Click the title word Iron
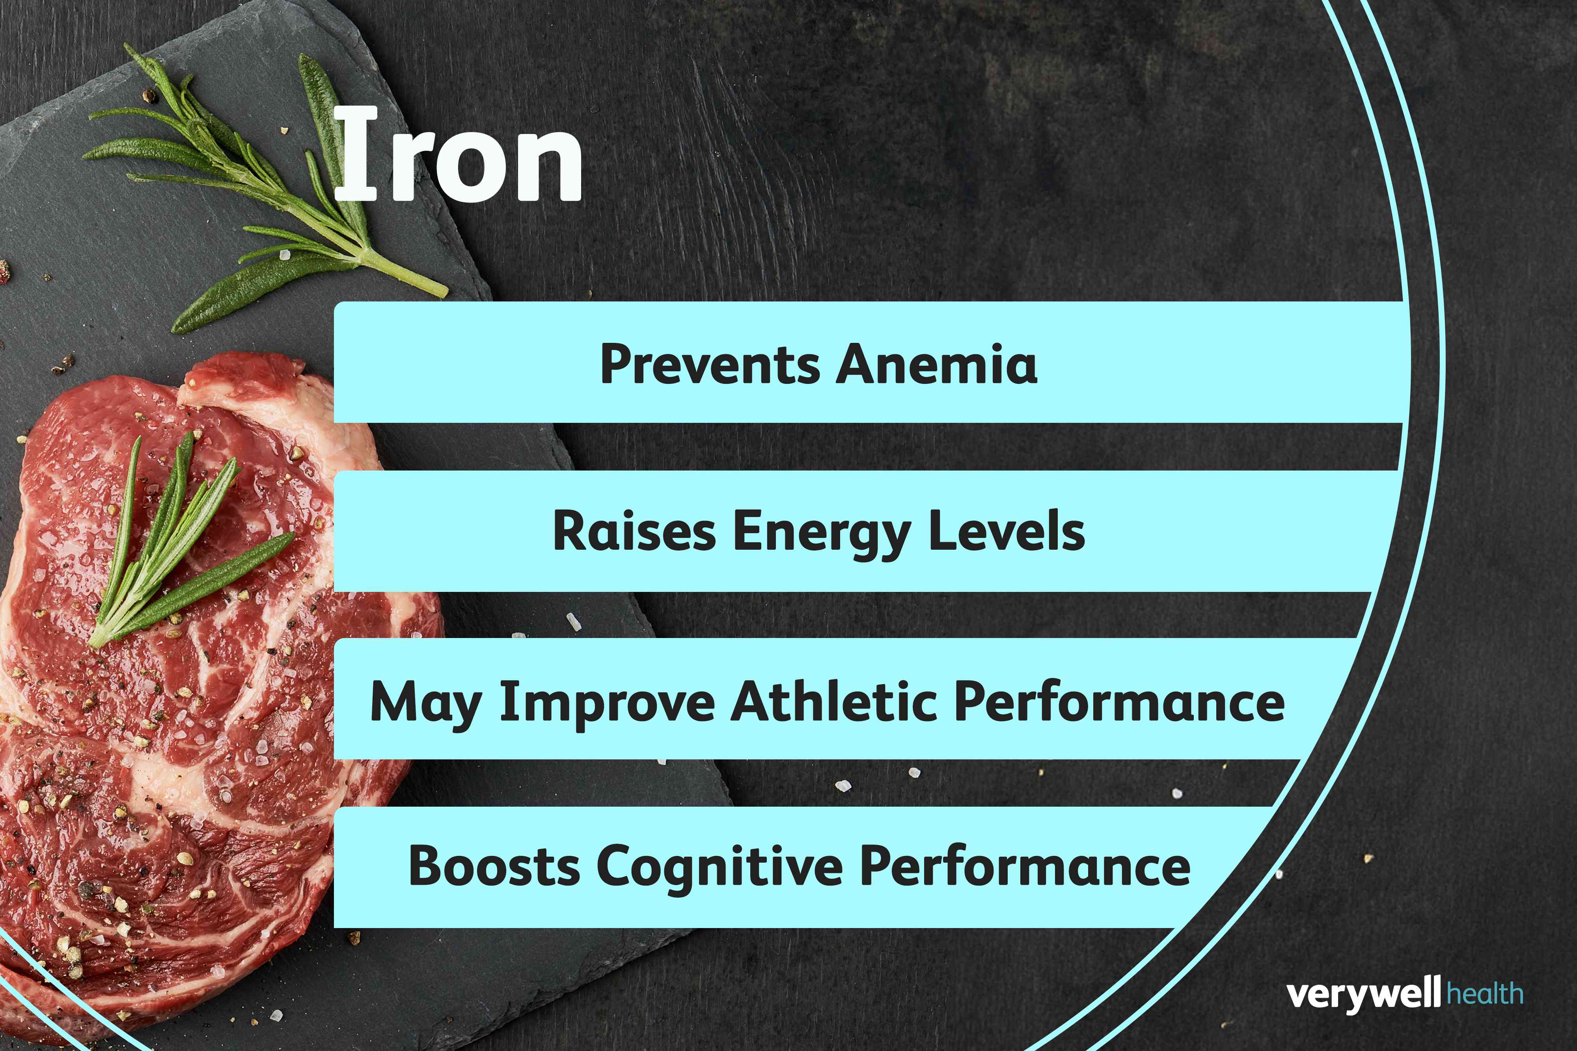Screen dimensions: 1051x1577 (x=457, y=156)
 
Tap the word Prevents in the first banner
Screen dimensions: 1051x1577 (x=709, y=364)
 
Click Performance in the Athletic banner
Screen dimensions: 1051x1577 (x=1118, y=702)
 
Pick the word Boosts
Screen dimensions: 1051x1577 (x=494, y=866)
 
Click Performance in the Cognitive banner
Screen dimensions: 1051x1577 (x=1025, y=866)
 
